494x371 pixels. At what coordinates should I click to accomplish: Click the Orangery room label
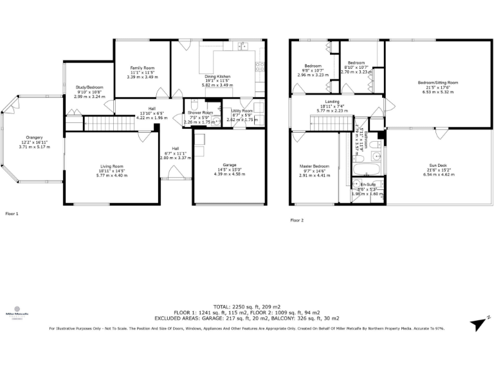[34, 137]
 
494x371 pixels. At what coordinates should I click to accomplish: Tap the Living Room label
[111, 166]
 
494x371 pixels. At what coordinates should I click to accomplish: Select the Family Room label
[142, 68]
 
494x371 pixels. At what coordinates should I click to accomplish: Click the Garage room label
[230, 164]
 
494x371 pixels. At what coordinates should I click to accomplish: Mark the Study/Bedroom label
[89, 87]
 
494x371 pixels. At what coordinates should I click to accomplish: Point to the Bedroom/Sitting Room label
[437, 82]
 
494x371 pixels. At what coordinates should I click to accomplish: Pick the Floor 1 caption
[12, 213]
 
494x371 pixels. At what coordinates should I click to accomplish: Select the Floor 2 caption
[297, 220]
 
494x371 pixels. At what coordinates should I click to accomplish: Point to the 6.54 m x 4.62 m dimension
[437, 175]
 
